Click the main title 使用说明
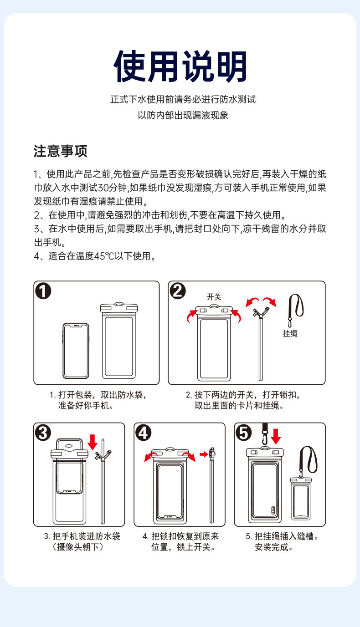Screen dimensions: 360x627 180,66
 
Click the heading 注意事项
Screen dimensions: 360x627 60,151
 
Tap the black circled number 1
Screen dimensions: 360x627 43,291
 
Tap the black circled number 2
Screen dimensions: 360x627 178,291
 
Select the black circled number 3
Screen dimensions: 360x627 43,433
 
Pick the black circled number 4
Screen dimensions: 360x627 143,433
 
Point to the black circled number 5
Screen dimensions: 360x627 243,433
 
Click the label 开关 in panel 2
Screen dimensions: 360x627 214,297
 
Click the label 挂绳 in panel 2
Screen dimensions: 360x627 290,334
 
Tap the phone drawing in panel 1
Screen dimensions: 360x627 76,351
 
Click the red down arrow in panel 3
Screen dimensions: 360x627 93,442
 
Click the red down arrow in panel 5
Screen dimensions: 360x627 276,436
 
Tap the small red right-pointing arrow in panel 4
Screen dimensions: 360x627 204,454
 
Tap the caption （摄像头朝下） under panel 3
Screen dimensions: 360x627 78,547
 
